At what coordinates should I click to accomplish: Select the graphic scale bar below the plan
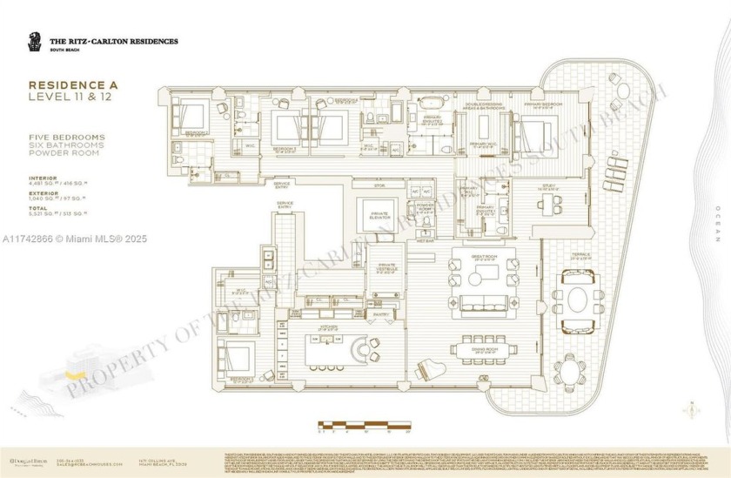[x=363, y=425]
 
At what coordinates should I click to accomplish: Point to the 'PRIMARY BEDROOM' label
[x=540, y=104]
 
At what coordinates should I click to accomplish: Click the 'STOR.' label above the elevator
[x=379, y=185]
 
